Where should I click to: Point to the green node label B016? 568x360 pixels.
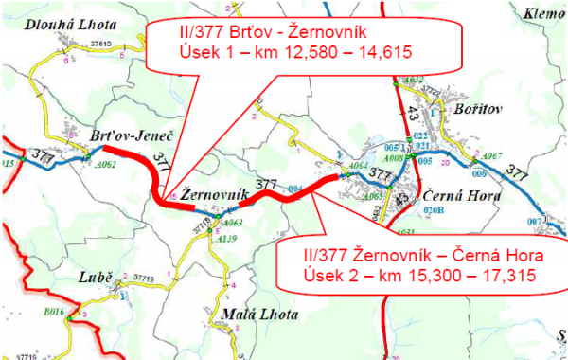pyautogui.click(x=55, y=308)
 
